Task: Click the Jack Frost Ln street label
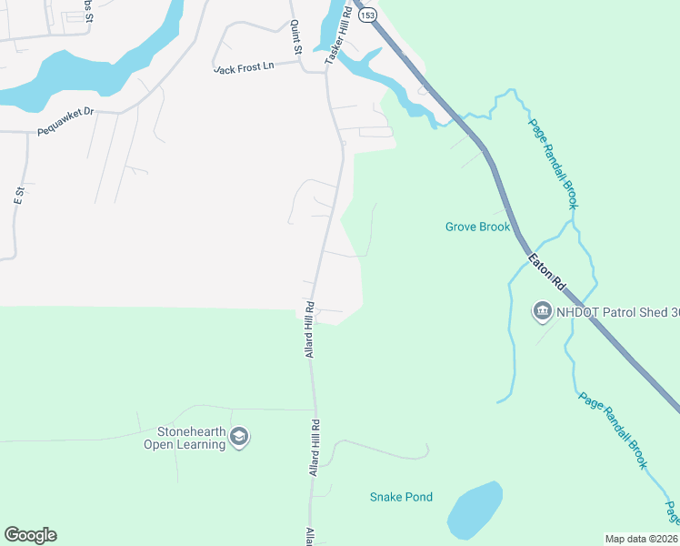point(243,68)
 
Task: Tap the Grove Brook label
point(477,227)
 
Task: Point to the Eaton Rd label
point(548,273)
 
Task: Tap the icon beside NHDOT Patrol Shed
point(542,311)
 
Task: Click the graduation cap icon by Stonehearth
point(239,437)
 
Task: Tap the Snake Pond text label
point(401,497)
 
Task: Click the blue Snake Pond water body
point(475,511)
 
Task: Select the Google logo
point(30,535)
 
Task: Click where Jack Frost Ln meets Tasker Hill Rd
point(326,63)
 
